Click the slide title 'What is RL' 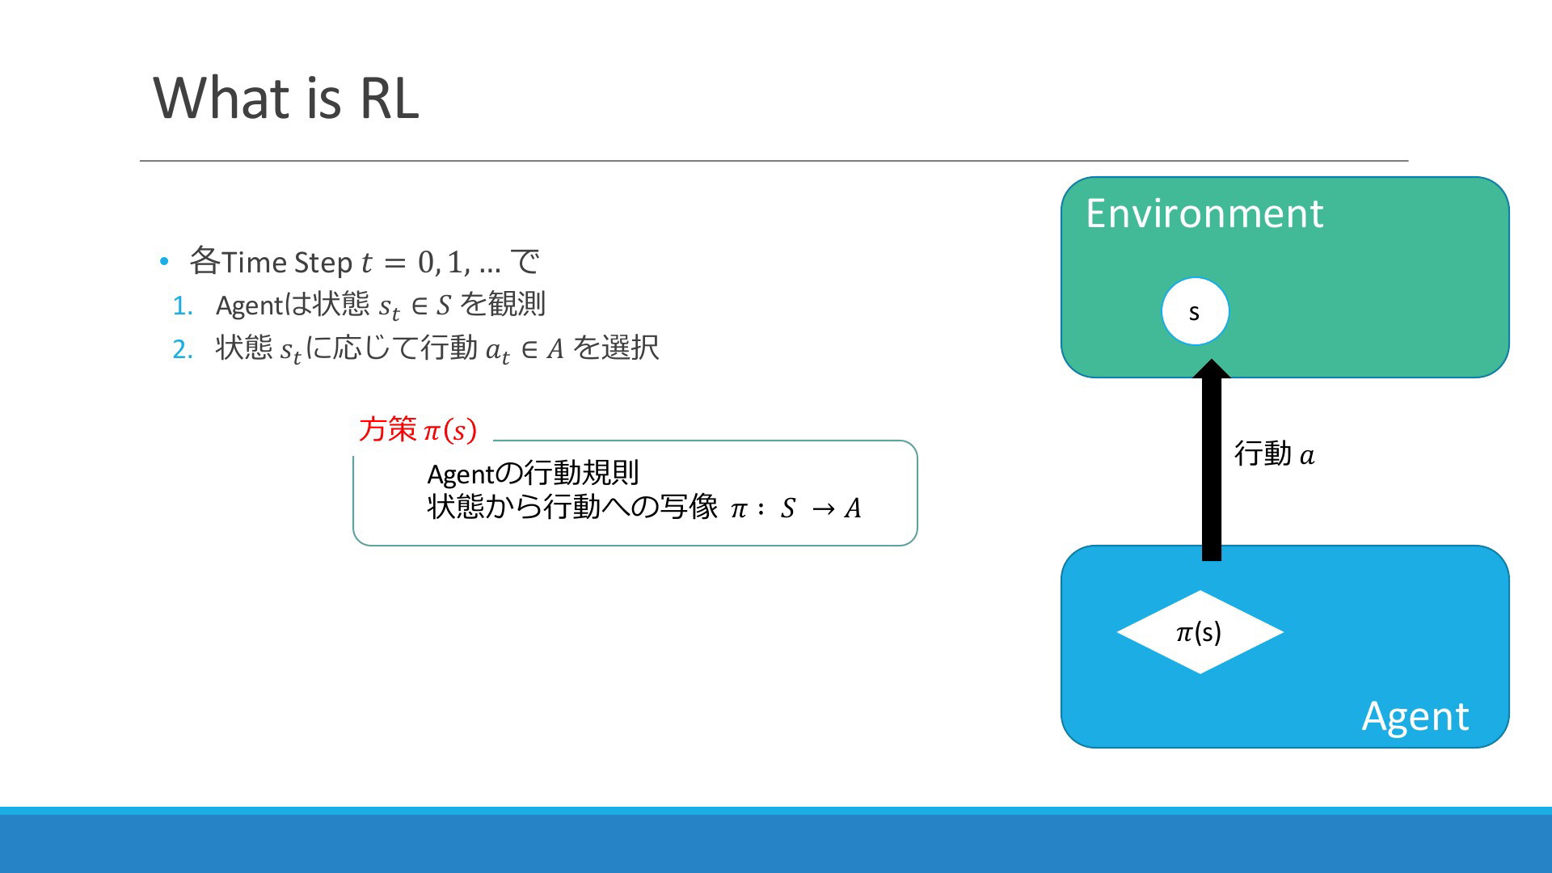pos(286,98)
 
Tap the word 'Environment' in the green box pos(1204,213)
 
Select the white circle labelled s pos(1195,311)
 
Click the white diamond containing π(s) pos(1200,632)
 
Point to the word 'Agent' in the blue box pos(1415,717)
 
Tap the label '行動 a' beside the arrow pos(1274,453)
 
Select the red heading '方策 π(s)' pos(418,429)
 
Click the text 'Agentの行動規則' pos(533,473)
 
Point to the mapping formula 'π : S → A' pos(796,508)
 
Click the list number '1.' pos(183,306)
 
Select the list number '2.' pos(183,349)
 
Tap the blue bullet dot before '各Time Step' pos(164,261)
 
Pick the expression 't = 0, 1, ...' pos(431,262)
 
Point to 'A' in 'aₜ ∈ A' pos(555,349)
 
